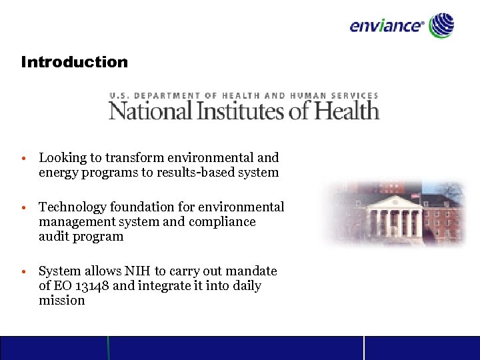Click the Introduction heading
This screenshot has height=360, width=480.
(74, 62)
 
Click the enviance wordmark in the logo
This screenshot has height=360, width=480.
(386, 26)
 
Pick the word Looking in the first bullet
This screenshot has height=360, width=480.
(63, 158)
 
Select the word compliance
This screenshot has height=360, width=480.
(223, 222)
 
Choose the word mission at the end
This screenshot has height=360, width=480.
(62, 301)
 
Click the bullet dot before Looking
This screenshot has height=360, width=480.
(23, 159)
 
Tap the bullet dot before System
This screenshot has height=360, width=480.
(23, 273)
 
